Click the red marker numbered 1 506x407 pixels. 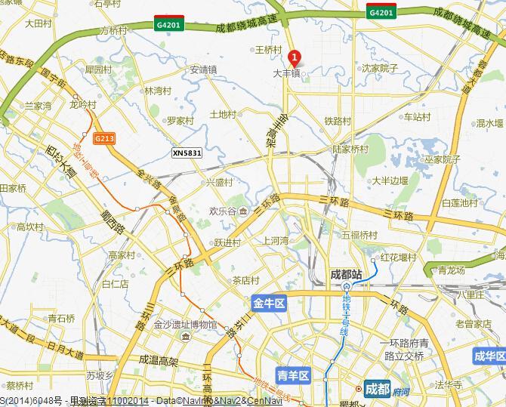[x=294, y=57]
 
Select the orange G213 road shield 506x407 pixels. [x=105, y=138]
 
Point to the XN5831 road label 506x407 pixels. [x=187, y=153]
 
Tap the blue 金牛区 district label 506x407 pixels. [x=268, y=304]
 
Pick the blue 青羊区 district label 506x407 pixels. [x=293, y=375]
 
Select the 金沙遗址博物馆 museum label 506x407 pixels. [x=185, y=325]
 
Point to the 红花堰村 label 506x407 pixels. [x=398, y=257]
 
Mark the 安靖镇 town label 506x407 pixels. [x=203, y=69]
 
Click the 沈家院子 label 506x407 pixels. [x=379, y=68]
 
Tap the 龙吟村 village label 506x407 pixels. [x=83, y=104]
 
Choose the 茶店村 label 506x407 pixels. [x=245, y=279]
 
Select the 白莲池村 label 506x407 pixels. [x=460, y=202]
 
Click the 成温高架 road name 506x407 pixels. [x=159, y=362]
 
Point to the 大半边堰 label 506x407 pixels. [x=390, y=180]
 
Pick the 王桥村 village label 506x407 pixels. [x=268, y=49]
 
